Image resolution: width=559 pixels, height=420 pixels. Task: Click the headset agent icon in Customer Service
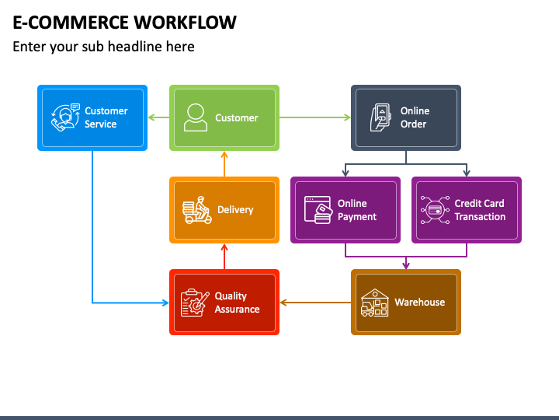coord(65,117)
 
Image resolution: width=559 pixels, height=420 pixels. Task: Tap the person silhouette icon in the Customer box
coord(196,117)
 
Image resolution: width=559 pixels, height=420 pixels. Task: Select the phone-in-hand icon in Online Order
coord(380,117)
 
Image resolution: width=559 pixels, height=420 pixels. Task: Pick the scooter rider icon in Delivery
coord(196,210)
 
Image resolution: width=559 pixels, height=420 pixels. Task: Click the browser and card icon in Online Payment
coord(318,210)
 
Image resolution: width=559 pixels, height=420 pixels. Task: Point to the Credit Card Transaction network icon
coord(435,210)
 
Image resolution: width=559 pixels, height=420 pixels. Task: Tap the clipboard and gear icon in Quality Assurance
coord(195,303)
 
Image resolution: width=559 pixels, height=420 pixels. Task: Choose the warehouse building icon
coord(374,303)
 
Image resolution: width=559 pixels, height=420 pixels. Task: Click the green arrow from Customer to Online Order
coord(314,117)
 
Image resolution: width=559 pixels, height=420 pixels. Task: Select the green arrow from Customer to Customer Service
coord(158,117)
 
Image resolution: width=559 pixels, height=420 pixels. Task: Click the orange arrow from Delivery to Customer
coord(224,164)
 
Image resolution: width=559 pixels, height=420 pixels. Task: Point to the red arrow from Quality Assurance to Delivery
coord(224,257)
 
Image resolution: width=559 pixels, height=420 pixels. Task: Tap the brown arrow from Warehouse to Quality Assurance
coord(315,303)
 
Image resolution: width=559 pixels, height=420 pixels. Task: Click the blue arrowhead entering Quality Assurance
coord(166,303)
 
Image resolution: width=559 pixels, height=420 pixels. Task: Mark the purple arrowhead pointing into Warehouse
coord(406,265)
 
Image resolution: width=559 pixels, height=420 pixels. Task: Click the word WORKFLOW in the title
coord(185,22)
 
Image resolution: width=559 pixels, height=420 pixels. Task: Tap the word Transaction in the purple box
coord(480,216)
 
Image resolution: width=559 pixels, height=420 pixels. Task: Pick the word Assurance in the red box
coord(237,309)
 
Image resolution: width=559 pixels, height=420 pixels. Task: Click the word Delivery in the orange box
coord(235,210)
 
